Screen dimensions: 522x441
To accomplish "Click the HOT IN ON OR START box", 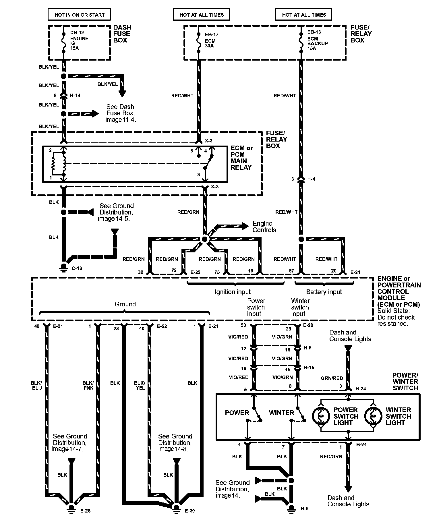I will click(80, 15).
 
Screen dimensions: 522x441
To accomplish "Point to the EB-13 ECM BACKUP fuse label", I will click(317, 40).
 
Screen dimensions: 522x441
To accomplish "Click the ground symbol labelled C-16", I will click(62, 268).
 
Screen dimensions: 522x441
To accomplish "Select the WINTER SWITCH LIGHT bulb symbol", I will click(374, 416).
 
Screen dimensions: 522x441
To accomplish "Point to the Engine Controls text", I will click(264, 227).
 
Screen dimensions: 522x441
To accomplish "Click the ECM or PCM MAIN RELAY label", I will click(241, 158).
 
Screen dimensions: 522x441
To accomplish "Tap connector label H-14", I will click(75, 96).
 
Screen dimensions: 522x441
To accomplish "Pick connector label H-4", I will click(311, 179).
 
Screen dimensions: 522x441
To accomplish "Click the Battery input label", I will click(324, 292).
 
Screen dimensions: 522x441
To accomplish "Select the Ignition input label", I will click(233, 292).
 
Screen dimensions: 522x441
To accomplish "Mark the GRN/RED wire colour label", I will click(332, 378).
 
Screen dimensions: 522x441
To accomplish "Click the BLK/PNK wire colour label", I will click(88, 385).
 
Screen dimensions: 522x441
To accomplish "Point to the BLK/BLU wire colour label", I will click(36, 385).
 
